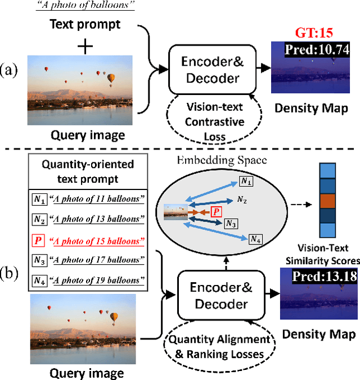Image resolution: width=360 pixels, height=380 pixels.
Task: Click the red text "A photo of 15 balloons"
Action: coord(98,242)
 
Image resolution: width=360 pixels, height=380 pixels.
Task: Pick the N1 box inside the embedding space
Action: coord(246,181)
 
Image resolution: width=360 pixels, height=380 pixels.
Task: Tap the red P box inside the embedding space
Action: coord(214,211)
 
